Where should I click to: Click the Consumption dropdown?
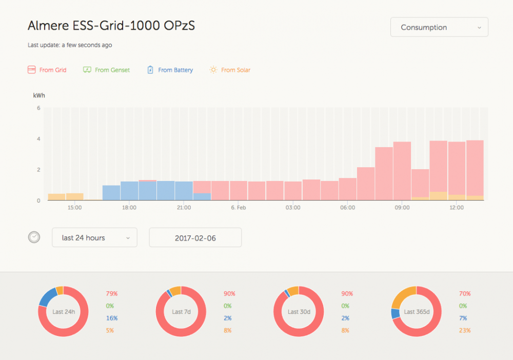tap(439, 28)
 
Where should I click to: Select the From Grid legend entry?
tap(47, 70)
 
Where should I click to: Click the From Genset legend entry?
tap(106, 70)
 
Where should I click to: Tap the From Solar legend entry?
tap(230, 70)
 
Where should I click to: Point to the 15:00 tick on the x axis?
tap(74, 208)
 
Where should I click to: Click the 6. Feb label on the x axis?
tap(239, 208)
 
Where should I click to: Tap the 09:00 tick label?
tap(402, 208)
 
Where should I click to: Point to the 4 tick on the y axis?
tap(38, 139)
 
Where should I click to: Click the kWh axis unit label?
tap(38, 95)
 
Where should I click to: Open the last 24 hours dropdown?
tap(94, 237)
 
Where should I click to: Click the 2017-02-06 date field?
tap(195, 238)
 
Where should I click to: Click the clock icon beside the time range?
tap(34, 237)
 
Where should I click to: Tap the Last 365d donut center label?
tap(416, 312)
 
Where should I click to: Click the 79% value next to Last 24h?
tap(112, 294)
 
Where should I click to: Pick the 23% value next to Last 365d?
tap(465, 330)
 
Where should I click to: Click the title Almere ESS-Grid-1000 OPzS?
tap(111, 26)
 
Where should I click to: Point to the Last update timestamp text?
tap(70, 45)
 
